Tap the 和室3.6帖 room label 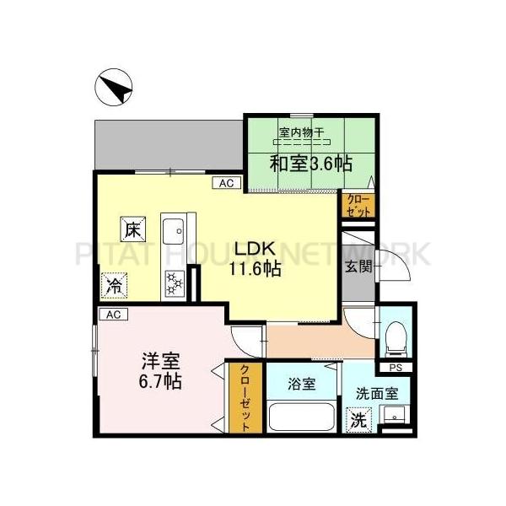point(311,163)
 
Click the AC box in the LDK point(225,182)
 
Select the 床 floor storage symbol point(133,228)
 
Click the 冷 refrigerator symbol point(112,285)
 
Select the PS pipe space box point(395,369)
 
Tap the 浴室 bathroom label point(301,385)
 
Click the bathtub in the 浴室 point(303,417)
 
